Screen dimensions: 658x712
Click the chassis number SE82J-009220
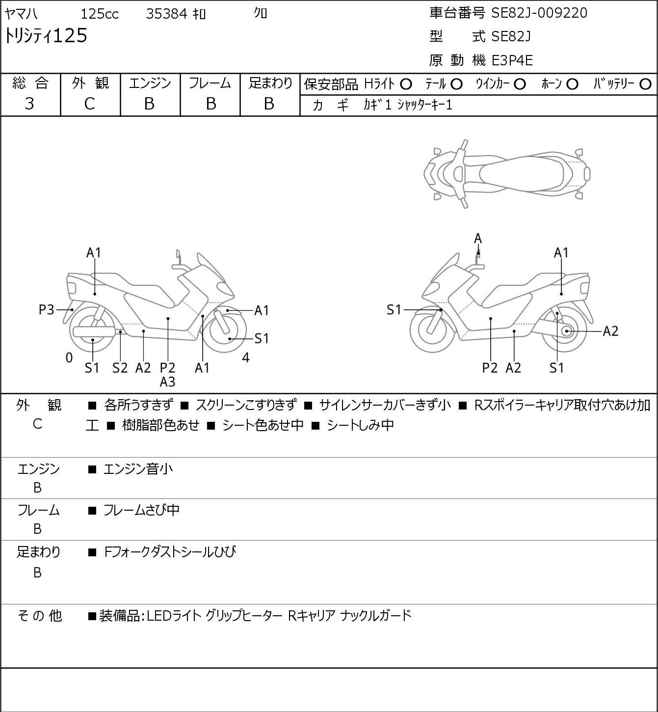[539, 13]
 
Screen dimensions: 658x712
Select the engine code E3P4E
[512, 60]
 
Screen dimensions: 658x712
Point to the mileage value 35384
[167, 14]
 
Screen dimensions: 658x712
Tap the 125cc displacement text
[100, 14]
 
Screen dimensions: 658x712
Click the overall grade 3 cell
[29, 104]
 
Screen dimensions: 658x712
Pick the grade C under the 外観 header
[89, 104]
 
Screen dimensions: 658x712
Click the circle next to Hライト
[406, 84]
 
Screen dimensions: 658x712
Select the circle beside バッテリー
[645, 84]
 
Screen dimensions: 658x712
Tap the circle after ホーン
[572, 84]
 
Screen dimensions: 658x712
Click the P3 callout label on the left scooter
[46, 309]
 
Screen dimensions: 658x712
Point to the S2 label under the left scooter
[120, 368]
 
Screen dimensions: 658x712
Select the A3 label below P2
[167, 382]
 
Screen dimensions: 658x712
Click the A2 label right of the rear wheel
[611, 331]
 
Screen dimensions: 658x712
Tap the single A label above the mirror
[478, 239]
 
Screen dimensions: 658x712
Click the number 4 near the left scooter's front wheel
[245, 357]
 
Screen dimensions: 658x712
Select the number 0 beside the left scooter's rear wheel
[69, 357]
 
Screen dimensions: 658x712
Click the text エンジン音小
[138, 469]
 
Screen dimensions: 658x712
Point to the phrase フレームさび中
[141, 510]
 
